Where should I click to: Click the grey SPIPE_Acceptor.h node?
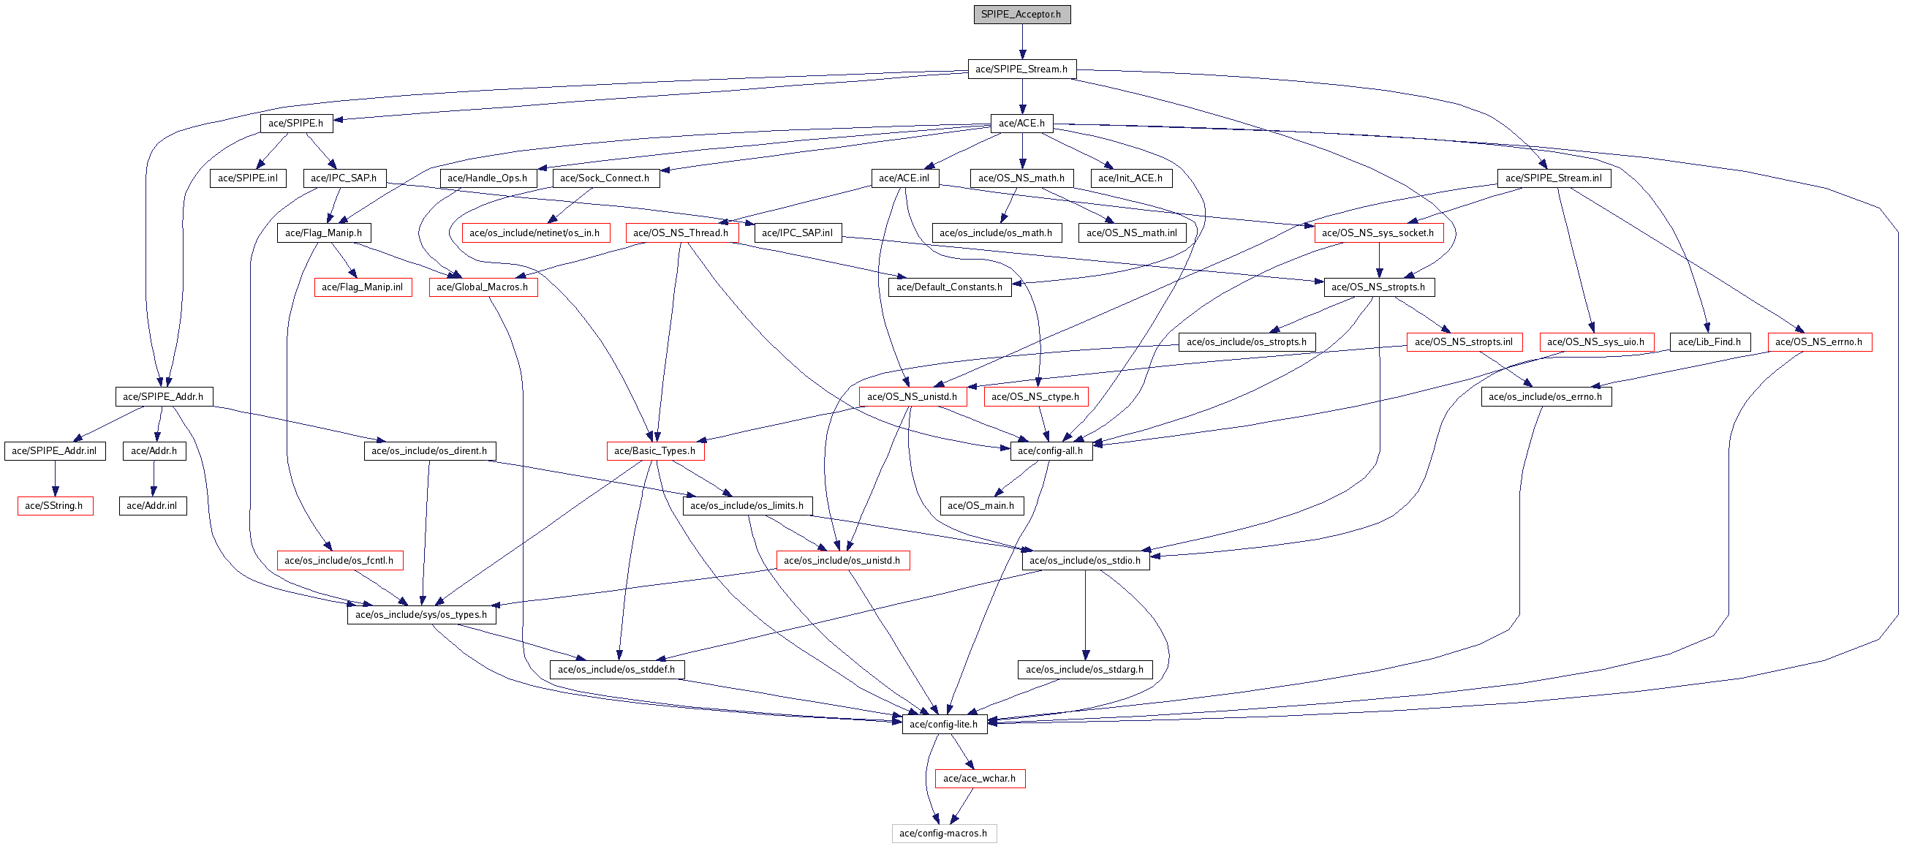(1021, 14)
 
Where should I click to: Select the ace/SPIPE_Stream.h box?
(1021, 69)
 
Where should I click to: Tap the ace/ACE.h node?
(1021, 123)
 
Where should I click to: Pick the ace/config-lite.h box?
(943, 724)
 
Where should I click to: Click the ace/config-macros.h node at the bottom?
(943, 833)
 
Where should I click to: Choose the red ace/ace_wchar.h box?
(979, 779)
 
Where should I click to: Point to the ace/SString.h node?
(54, 505)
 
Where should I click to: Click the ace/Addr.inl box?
(152, 505)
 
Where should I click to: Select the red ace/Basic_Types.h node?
(654, 450)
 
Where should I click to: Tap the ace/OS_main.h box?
(980, 505)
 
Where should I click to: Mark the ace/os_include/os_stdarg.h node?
(1084, 669)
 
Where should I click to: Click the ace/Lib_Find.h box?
(1709, 341)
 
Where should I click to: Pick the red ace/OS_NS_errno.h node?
(1818, 341)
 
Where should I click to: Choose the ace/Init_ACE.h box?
(1130, 178)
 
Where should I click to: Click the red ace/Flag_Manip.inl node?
(362, 287)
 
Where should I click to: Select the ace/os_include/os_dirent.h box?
(429, 450)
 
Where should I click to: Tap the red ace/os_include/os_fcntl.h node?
(339, 560)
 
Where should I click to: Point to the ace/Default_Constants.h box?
(949, 287)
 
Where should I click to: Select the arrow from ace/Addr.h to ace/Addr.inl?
(154, 478)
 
